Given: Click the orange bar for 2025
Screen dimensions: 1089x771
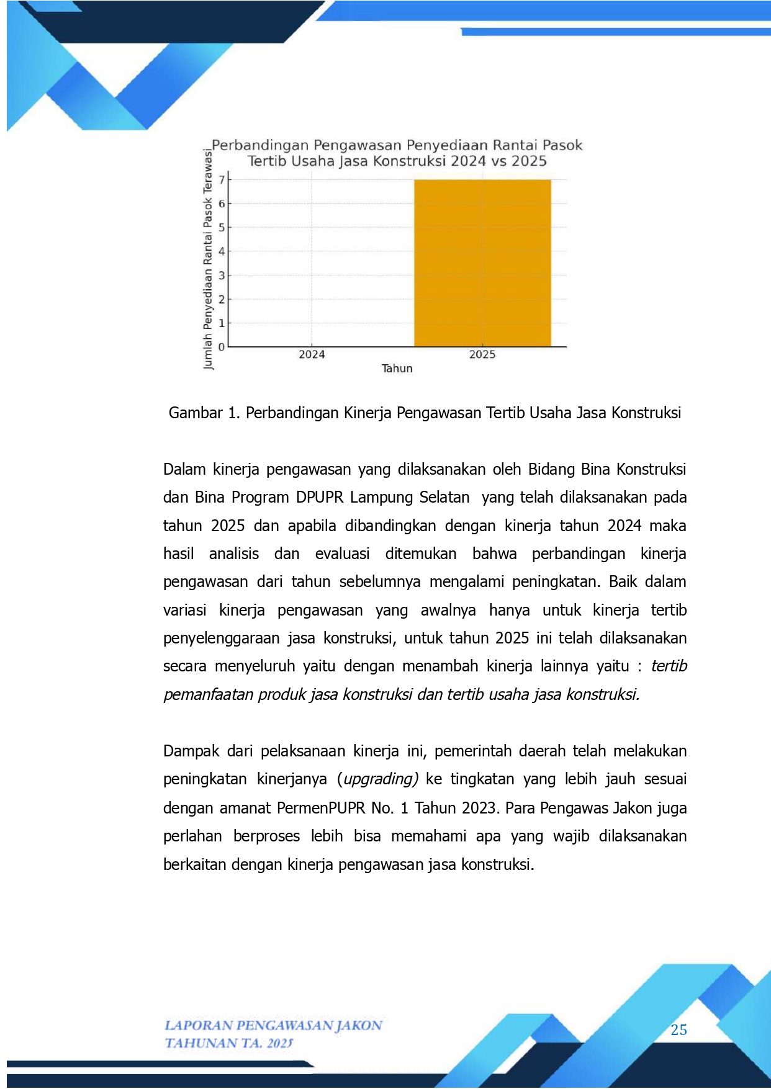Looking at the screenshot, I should tap(482, 263).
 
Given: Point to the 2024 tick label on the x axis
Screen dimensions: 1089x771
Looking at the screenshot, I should tap(312, 355).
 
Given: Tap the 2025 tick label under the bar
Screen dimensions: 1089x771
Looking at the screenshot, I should tap(482, 355).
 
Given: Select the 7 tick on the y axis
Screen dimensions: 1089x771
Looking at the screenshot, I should tap(222, 180).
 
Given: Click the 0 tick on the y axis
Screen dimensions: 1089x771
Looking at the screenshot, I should tap(222, 347).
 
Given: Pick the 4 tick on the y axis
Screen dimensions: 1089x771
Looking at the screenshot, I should tap(222, 251).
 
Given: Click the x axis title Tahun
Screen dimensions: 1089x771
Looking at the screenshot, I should tap(397, 369).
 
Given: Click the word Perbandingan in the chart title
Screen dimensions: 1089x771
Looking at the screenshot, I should tap(260, 146).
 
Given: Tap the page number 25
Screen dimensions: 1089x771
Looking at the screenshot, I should tap(679, 1031).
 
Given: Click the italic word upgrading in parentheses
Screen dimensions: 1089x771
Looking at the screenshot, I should tap(381, 779).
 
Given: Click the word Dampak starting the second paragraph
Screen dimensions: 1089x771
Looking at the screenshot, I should tap(191, 751).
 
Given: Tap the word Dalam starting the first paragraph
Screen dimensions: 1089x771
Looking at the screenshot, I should tap(184, 470).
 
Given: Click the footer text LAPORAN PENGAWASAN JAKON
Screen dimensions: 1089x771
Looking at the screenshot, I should tap(273, 1026).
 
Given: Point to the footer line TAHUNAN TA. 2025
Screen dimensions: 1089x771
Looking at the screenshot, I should tap(228, 1044).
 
